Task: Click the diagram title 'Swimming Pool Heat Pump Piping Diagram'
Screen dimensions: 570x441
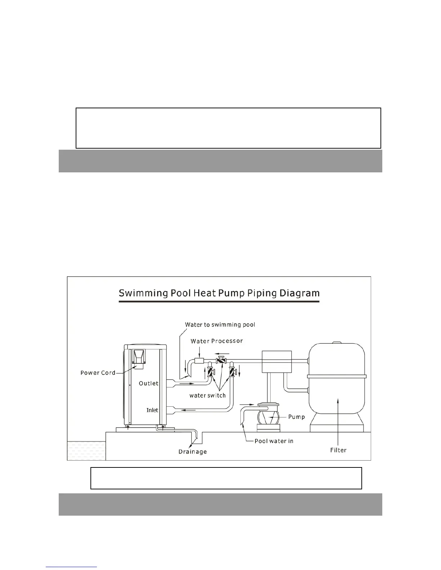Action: (x=219, y=293)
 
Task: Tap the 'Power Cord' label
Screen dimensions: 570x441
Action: (x=98, y=372)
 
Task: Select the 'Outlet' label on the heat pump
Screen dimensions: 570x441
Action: (x=148, y=383)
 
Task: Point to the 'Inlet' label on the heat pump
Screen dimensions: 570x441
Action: (x=152, y=410)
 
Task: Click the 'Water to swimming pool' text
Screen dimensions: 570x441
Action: (x=220, y=325)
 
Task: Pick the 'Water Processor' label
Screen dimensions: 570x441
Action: (x=217, y=341)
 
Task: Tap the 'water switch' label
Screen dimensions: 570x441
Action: (x=208, y=395)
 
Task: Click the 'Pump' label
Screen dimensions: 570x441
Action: (x=296, y=417)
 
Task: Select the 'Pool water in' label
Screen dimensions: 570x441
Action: (x=274, y=441)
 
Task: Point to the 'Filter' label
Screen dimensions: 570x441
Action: (x=338, y=450)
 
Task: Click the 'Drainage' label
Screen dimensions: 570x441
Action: (x=192, y=452)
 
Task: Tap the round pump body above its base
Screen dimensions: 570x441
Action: (x=268, y=417)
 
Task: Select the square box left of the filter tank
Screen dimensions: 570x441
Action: (x=276, y=362)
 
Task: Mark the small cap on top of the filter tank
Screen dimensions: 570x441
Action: (x=335, y=342)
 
